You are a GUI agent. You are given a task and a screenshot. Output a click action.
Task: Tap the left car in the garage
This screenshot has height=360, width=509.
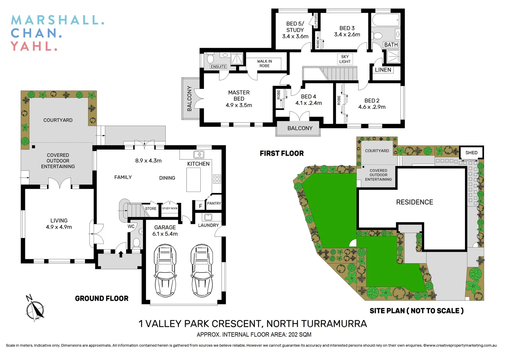[165, 270]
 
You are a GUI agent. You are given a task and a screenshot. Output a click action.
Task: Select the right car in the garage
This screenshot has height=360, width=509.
[202, 270]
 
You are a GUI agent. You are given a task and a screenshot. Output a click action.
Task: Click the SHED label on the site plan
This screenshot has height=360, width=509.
[471, 153]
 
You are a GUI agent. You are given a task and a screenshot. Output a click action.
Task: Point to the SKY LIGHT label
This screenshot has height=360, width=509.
[345, 59]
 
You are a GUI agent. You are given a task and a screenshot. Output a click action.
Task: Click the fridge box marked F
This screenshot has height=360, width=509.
[200, 206]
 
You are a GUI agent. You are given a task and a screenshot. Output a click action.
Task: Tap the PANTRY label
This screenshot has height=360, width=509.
[214, 203]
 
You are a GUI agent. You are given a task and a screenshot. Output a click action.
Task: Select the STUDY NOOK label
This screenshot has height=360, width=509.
[170, 208]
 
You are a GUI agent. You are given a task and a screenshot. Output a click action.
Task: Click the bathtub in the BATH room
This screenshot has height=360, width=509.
[386, 20]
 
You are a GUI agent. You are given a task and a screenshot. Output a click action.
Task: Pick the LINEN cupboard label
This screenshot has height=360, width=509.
[383, 70]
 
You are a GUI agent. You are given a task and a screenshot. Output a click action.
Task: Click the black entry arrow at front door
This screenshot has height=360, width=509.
[121, 254]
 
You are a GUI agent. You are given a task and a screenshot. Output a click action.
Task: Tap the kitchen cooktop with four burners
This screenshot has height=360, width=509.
[217, 179]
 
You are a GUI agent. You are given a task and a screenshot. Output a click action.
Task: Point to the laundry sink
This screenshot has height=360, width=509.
[208, 217]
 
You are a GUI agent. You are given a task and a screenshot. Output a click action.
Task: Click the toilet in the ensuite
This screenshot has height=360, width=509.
[210, 59]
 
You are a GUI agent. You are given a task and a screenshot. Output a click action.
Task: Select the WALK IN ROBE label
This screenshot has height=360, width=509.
[264, 63]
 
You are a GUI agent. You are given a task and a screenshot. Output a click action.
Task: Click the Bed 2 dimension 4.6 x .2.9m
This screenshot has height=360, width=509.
[372, 107]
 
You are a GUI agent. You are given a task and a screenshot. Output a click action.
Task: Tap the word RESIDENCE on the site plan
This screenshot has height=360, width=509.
[414, 202]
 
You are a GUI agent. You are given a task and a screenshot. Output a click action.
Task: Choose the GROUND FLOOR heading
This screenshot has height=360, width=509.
[102, 299]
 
